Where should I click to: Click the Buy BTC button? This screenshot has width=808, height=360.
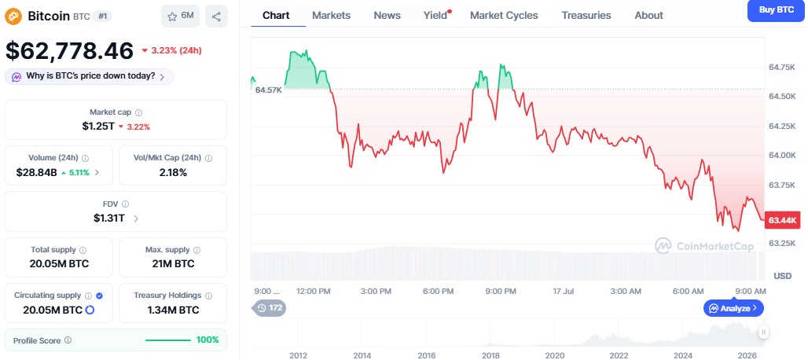click(777, 10)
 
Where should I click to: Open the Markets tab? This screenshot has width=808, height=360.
click(332, 16)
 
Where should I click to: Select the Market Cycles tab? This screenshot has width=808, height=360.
click(504, 16)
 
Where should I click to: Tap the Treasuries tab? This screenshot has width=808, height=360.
click(586, 16)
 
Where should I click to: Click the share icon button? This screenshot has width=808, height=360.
click(216, 17)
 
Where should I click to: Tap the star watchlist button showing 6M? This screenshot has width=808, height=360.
click(180, 17)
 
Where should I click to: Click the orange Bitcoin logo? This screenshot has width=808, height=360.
click(13, 17)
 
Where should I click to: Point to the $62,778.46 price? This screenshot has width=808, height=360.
click(70, 50)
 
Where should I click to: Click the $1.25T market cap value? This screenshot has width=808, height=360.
click(98, 127)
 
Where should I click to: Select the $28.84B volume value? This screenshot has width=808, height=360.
click(37, 172)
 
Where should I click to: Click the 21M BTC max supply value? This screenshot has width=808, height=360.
click(173, 263)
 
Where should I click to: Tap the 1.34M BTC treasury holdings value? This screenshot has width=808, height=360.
click(173, 310)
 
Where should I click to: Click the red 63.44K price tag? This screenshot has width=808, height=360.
click(783, 220)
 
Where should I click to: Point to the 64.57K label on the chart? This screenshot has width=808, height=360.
click(269, 90)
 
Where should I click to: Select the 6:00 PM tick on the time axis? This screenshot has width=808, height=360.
click(439, 292)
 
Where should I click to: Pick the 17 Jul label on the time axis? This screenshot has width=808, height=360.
click(564, 292)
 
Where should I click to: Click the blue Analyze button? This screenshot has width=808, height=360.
click(733, 308)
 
